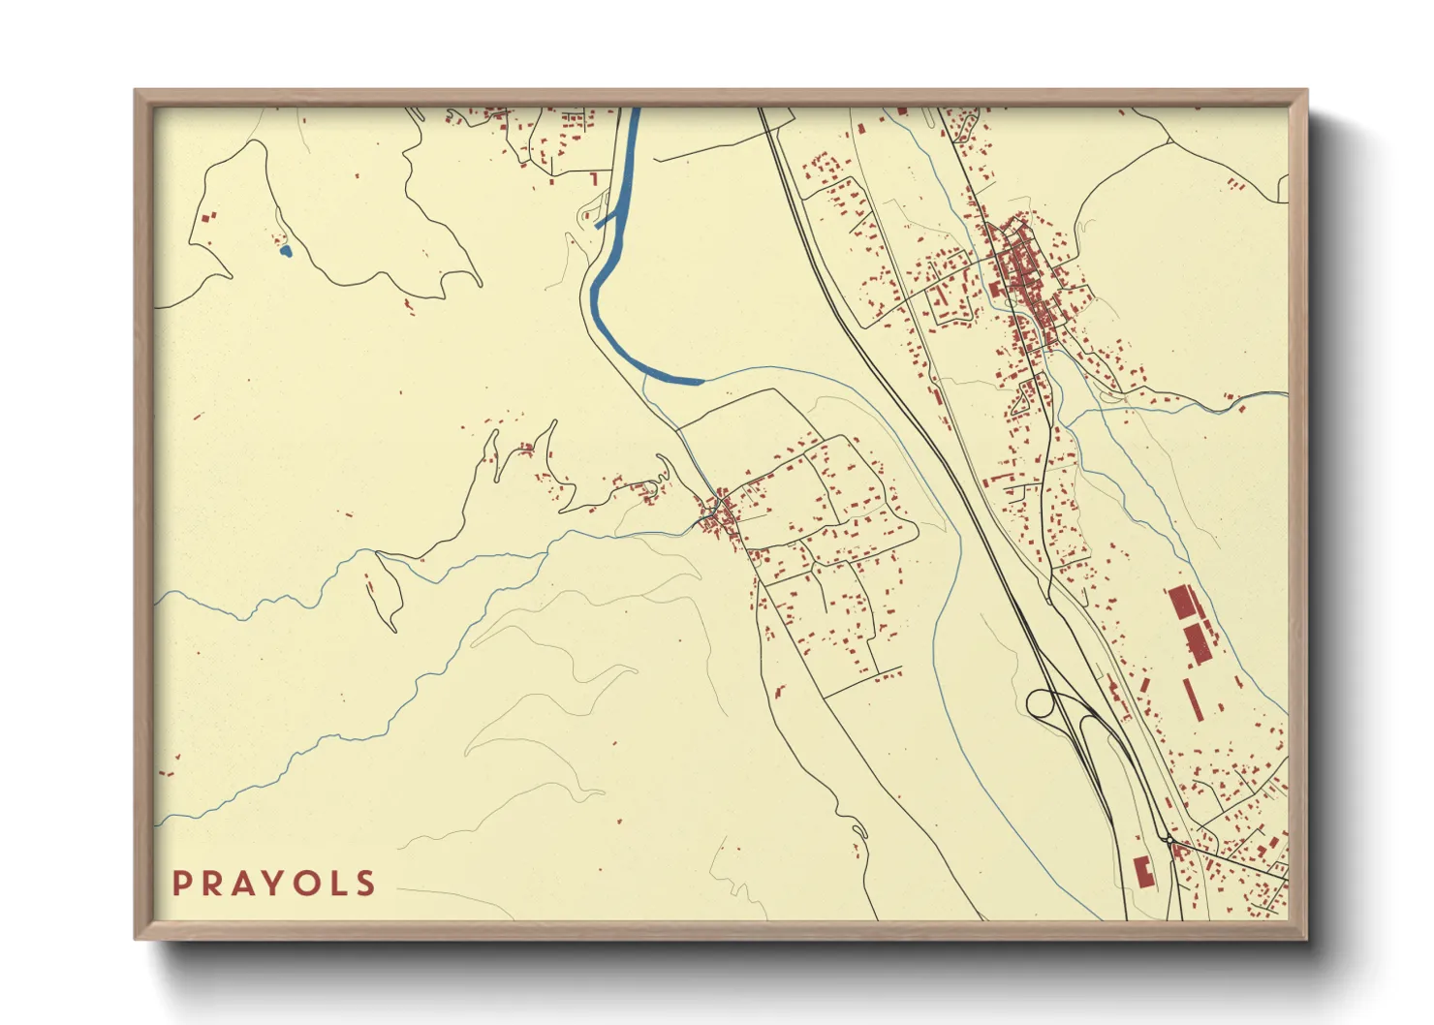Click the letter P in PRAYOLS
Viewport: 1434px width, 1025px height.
click(181, 884)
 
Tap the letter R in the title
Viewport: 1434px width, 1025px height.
click(211, 884)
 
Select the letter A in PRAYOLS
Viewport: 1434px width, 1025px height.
click(242, 884)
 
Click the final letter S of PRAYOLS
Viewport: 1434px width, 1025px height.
click(365, 884)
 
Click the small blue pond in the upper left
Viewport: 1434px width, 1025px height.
click(284, 252)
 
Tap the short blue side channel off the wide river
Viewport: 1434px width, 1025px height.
click(605, 222)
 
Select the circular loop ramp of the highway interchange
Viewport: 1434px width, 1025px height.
click(1041, 703)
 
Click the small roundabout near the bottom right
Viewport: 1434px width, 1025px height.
click(1170, 841)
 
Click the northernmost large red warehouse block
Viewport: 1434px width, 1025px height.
click(1181, 604)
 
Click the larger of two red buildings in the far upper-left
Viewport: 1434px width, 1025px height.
click(212, 215)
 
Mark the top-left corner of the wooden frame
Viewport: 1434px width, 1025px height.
click(136, 91)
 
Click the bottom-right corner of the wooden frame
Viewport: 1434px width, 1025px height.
click(1307, 938)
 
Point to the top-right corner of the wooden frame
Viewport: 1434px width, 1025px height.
click(1307, 91)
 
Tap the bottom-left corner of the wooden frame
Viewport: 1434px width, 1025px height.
click(136, 938)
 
